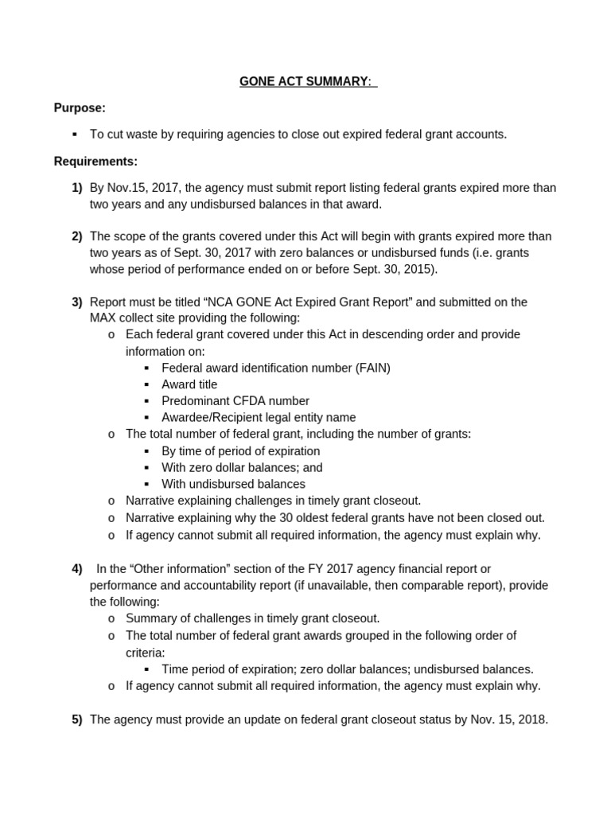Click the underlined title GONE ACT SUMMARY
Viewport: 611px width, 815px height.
(308, 82)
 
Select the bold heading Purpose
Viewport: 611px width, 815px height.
(80, 107)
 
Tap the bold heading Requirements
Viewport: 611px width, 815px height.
(95, 162)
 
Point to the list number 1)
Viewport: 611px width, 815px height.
(76, 188)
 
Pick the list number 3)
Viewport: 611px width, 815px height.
(76, 302)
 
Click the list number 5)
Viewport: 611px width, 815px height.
(76, 719)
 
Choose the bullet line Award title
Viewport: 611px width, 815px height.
(189, 384)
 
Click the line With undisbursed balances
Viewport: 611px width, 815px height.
(233, 484)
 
